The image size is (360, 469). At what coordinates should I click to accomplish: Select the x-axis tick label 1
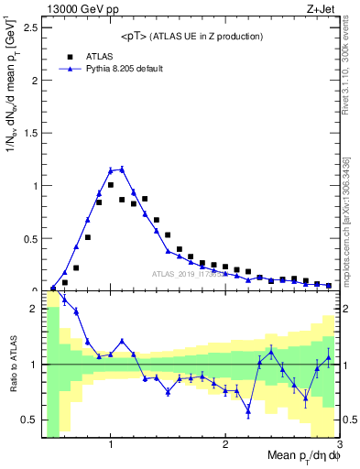(x=111, y=445)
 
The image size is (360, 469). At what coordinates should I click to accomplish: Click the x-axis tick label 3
(x=338, y=445)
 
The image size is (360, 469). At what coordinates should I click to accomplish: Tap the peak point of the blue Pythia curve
(x=122, y=169)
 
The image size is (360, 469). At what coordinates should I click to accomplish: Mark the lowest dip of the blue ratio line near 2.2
(x=248, y=411)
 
